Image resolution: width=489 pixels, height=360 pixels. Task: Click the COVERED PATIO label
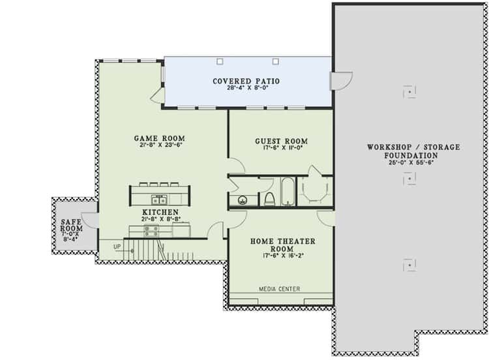[x=246, y=81]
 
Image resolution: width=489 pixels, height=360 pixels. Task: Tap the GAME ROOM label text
[x=159, y=138]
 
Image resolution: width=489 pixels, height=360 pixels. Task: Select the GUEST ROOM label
[x=281, y=141]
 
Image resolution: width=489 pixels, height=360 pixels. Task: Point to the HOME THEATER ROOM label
[x=282, y=245]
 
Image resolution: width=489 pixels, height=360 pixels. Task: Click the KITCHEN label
[x=160, y=212]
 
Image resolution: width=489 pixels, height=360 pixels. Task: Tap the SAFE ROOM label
[x=72, y=225]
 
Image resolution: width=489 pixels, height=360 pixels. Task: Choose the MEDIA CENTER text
[x=280, y=289]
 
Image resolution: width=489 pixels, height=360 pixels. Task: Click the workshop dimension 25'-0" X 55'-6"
[x=411, y=162]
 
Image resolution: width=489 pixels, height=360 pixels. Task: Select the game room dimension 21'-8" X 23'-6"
[x=160, y=145]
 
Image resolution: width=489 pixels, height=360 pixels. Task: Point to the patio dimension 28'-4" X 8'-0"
[x=248, y=87]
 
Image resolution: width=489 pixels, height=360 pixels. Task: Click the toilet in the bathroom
[x=269, y=199]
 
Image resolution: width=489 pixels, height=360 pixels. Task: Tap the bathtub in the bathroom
[x=288, y=192]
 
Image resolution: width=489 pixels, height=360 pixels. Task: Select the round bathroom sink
[x=243, y=200]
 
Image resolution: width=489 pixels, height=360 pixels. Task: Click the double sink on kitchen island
[x=159, y=199]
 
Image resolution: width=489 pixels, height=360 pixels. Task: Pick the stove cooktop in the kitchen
[x=151, y=231]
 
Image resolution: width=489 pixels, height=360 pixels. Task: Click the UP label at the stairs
[x=117, y=247]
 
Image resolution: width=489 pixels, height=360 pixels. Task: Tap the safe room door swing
[x=90, y=220]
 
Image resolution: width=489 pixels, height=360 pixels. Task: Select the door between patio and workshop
[x=342, y=81]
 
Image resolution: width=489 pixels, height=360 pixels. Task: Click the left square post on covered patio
[x=220, y=61]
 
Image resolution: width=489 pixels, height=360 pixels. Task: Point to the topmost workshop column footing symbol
[x=409, y=92]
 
